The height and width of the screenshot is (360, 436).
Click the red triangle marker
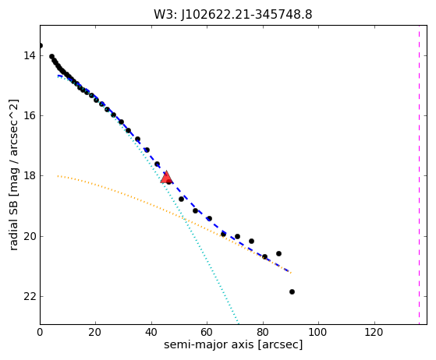166,177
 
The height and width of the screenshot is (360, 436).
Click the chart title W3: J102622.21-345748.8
233,14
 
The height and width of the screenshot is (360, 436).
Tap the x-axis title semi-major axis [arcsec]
233,344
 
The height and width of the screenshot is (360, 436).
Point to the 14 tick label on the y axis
30,55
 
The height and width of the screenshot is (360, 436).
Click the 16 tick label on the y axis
30,115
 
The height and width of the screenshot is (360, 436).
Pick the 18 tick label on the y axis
30,176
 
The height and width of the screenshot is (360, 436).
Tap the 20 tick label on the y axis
30,236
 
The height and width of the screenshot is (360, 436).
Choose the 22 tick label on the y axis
30,296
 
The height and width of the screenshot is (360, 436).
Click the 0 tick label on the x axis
40,332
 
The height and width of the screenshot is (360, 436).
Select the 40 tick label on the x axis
151,332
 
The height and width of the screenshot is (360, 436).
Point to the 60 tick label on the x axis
207,332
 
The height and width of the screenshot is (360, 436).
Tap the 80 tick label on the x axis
263,332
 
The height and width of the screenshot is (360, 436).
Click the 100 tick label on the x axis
318,332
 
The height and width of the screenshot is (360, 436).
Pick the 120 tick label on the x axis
374,332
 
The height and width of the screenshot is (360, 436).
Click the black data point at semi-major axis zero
41,45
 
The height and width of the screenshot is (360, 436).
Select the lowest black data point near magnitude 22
292,291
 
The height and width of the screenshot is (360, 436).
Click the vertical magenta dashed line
419,175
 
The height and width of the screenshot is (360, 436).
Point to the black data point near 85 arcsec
278,253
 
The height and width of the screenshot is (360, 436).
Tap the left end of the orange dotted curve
58,176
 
